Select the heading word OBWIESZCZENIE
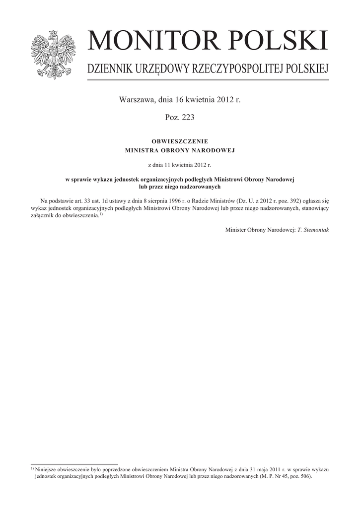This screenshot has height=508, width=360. pos(180,141)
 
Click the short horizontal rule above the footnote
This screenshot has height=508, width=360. pos(74,464)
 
